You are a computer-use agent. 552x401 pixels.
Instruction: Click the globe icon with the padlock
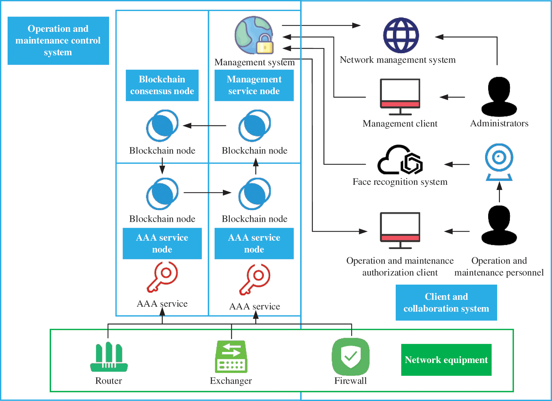(x=255, y=35)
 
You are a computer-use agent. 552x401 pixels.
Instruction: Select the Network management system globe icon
(x=401, y=35)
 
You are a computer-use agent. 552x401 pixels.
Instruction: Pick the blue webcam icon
(x=499, y=162)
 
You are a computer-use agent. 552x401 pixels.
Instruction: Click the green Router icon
(x=109, y=357)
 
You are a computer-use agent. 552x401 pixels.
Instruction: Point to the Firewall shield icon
(x=351, y=356)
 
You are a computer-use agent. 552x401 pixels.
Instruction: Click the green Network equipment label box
(x=446, y=360)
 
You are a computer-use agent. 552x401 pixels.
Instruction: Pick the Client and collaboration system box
(x=446, y=303)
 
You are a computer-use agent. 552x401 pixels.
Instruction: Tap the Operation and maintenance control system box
(x=58, y=40)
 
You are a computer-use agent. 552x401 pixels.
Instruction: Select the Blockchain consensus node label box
(x=162, y=85)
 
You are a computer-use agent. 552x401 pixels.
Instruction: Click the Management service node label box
(x=254, y=85)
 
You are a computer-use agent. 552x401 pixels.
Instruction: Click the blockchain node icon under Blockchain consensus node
(x=162, y=126)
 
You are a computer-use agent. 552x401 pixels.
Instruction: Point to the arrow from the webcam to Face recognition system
(x=457, y=164)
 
